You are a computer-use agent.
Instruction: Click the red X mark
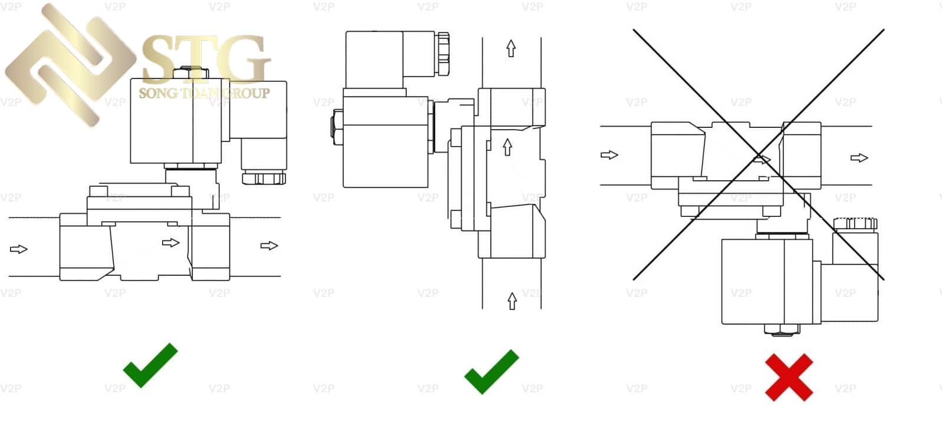(789, 377)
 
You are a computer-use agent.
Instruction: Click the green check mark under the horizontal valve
(150, 365)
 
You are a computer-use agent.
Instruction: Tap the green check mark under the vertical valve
(491, 371)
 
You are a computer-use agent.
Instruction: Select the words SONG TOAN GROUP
(204, 93)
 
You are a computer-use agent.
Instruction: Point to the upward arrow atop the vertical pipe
(511, 48)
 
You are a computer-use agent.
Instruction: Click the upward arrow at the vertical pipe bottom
(512, 300)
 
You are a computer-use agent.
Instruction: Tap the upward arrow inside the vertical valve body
(507, 147)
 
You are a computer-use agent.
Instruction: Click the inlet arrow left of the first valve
(19, 249)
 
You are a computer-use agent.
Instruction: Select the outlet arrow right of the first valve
(269, 245)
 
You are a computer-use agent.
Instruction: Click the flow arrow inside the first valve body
(170, 242)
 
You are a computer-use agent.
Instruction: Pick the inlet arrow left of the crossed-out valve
(609, 155)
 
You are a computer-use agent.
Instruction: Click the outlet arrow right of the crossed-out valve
(859, 157)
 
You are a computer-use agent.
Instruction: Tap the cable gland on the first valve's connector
(264, 178)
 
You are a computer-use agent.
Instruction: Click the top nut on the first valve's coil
(190, 74)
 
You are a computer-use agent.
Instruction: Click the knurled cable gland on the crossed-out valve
(855, 224)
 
